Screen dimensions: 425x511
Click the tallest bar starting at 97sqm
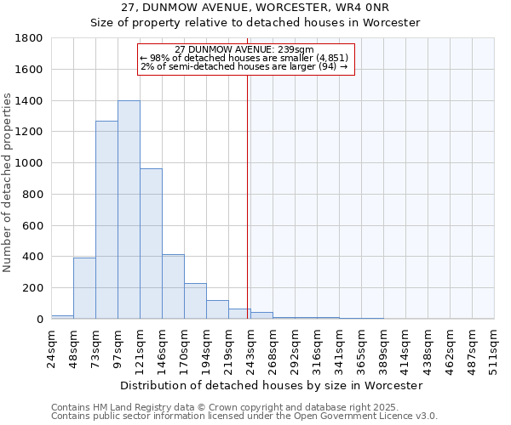point(129,210)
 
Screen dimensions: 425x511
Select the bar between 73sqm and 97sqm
point(106,220)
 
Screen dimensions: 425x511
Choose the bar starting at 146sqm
point(173,286)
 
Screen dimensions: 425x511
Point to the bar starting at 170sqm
point(195,301)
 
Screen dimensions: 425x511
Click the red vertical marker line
point(247,187)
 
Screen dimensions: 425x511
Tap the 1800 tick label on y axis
point(30,38)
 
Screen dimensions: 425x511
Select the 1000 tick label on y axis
point(30,163)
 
